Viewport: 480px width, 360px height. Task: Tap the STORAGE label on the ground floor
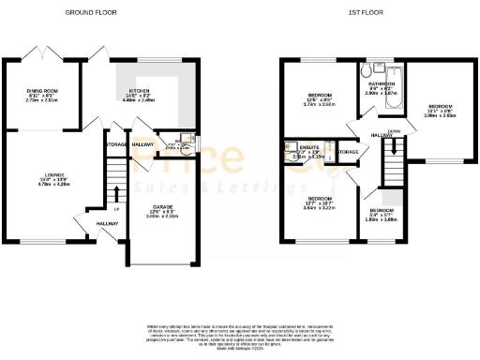click(x=116, y=145)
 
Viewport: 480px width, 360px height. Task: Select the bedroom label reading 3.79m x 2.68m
click(x=319, y=100)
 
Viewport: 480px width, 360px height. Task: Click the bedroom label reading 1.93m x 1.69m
click(x=382, y=216)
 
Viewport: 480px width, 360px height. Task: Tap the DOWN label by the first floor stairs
click(x=396, y=132)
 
